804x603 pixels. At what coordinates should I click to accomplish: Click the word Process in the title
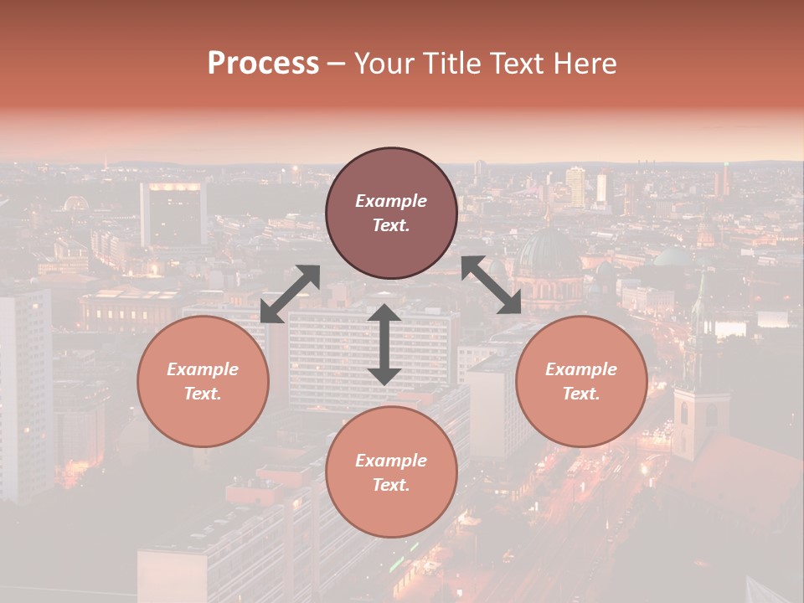263,64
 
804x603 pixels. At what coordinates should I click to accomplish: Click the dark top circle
391,214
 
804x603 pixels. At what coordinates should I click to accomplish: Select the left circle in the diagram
203,381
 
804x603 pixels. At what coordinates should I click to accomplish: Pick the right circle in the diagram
581,381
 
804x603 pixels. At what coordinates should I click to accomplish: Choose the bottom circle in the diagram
391,472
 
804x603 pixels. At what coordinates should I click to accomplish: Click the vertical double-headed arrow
384,344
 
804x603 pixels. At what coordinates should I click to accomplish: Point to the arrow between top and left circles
290,294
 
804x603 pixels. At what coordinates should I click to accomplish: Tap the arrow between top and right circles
492,285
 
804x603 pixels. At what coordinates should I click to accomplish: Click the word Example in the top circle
391,201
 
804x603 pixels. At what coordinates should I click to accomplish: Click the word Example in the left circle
203,369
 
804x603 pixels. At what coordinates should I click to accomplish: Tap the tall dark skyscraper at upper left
173,214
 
